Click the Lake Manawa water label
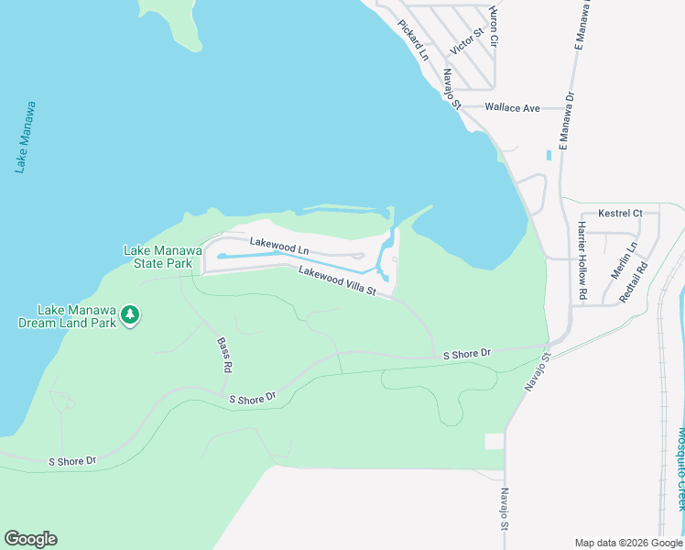26,137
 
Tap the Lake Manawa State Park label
158,257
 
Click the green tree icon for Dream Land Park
131,314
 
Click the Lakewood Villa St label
337,280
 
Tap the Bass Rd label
223,355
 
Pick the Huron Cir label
493,27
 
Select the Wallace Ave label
512,107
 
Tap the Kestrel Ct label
620,214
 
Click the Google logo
30,539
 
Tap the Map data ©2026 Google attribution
627,543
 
